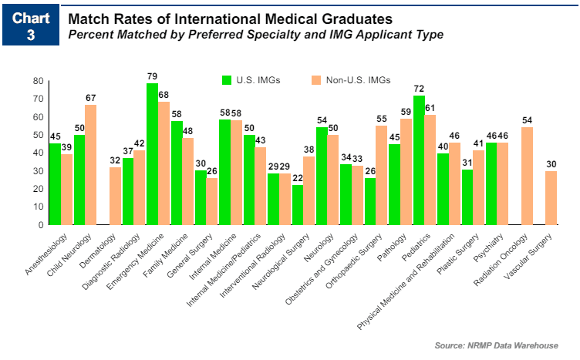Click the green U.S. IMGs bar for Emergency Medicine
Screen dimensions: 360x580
click(152, 154)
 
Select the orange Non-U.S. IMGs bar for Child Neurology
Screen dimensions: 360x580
click(91, 165)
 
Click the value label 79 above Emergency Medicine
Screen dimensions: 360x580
click(152, 76)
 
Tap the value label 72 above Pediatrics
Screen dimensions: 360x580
click(419, 89)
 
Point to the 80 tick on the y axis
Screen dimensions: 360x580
click(38, 81)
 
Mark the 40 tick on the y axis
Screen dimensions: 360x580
click(38, 153)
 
